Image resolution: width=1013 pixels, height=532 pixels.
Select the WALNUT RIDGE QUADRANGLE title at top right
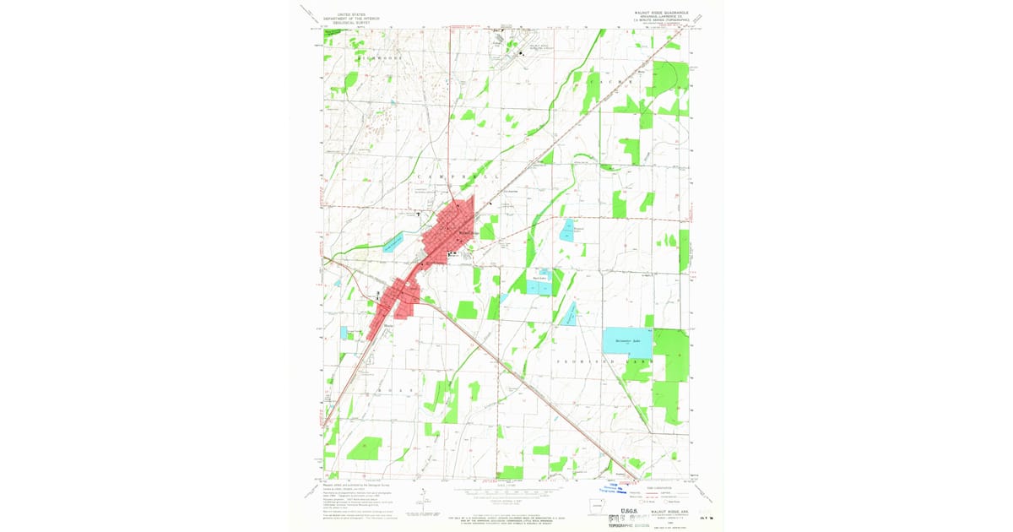pyautogui.click(x=661, y=14)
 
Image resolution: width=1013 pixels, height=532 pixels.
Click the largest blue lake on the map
pyautogui.click(x=627, y=341)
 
